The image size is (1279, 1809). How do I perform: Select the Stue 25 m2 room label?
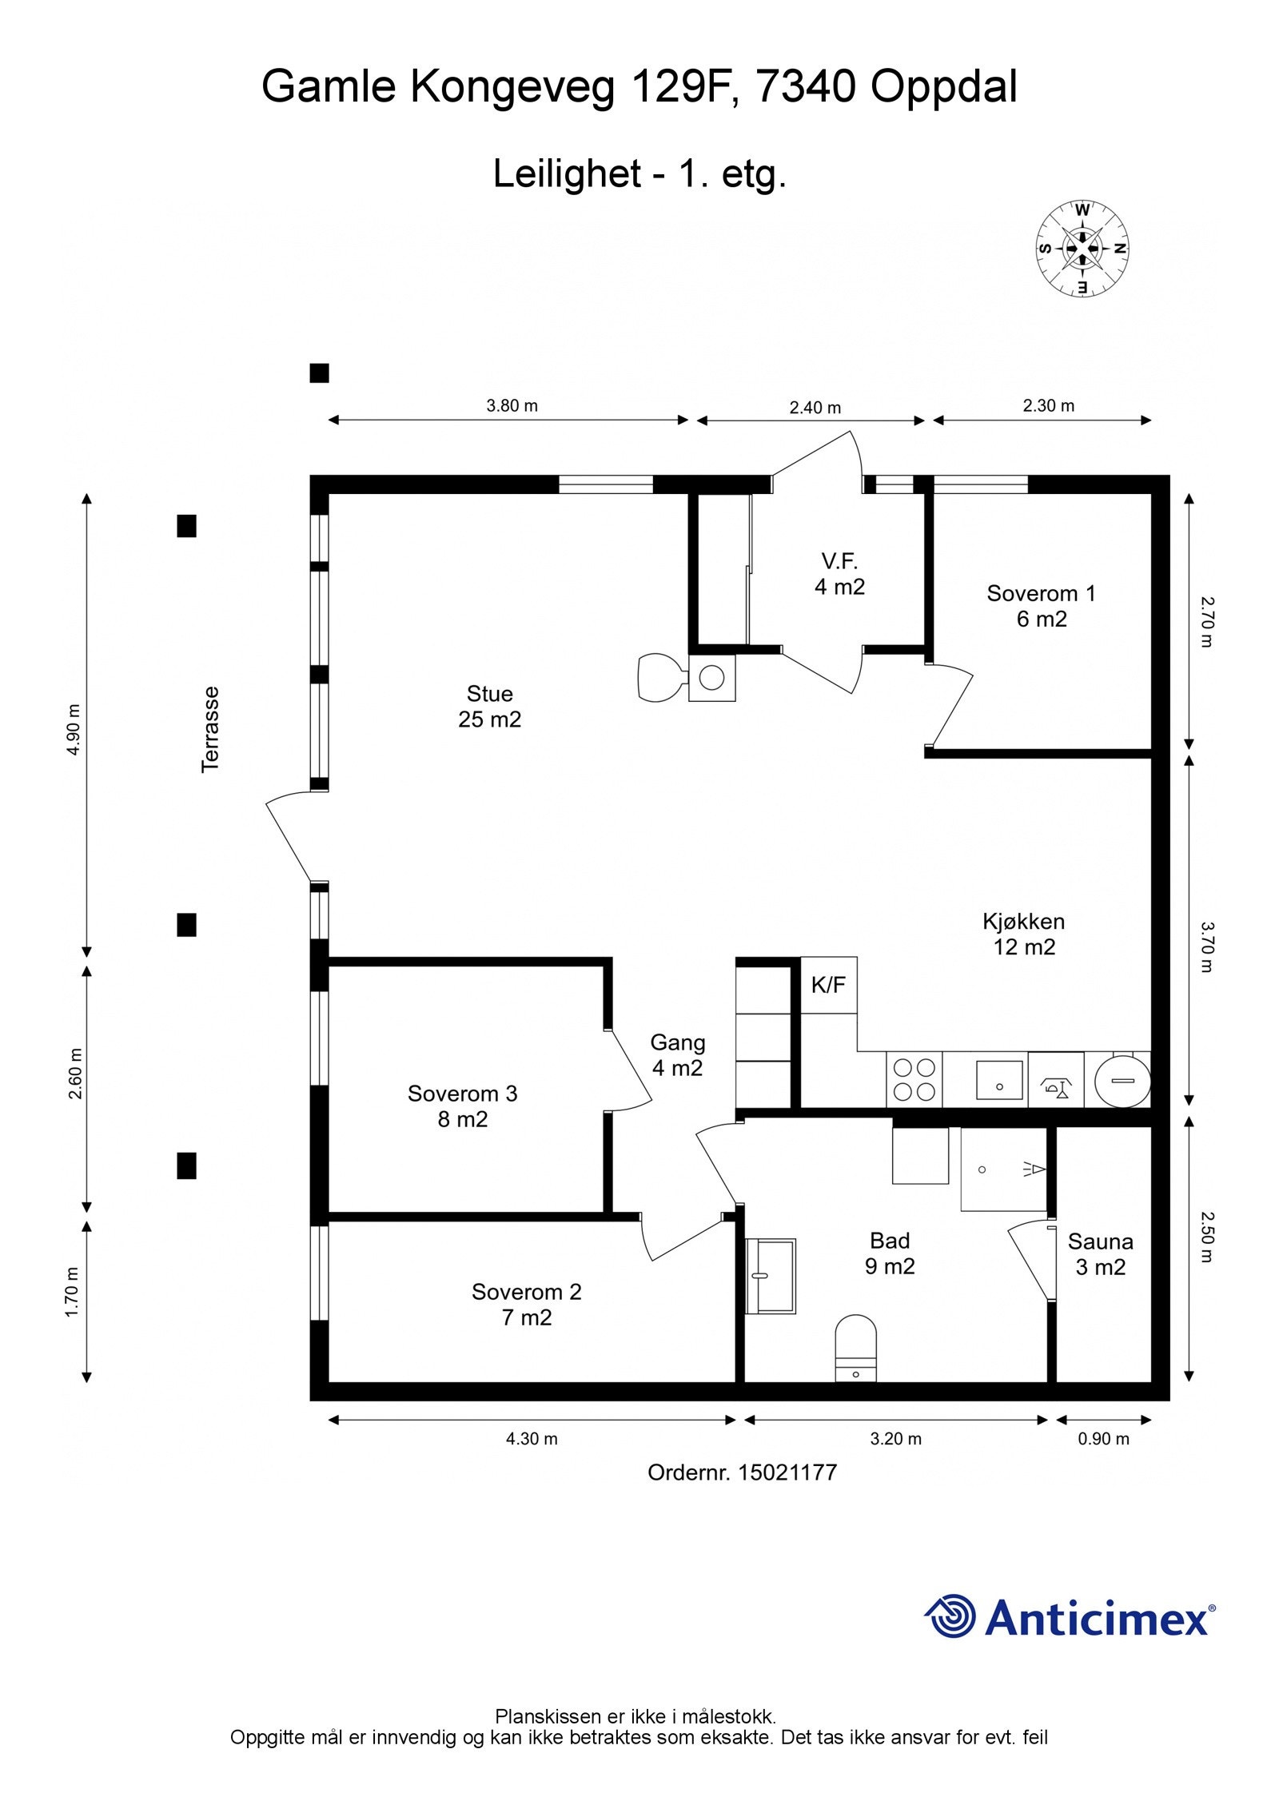(489, 706)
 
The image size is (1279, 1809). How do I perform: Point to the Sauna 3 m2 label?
(1100, 1254)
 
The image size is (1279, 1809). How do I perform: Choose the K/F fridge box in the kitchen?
(828, 985)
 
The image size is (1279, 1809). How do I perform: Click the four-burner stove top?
(914, 1079)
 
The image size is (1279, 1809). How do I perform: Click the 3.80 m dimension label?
(512, 405)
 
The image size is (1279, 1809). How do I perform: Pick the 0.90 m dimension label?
(1104, 1439)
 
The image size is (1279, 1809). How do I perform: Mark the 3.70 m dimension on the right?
(1206, 946)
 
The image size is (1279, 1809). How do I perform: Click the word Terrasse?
(209, 729)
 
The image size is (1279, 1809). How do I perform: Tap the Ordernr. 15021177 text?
(742, 1472)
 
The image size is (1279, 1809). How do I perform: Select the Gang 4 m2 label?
(677, 1054)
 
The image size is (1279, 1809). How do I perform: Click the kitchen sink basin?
(999, 1080)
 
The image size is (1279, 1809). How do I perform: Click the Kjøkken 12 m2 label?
(1024, 934)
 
